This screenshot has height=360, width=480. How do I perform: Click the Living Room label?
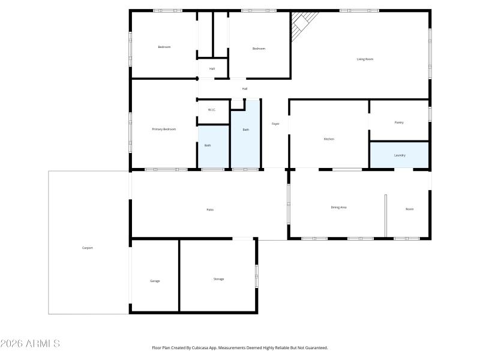(365, 59)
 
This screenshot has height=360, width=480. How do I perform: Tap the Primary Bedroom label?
(164, 129)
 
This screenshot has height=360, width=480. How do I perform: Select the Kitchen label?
(329, 139)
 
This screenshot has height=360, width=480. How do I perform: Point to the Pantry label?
(399, 122)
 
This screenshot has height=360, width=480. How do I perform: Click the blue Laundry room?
(399, 155)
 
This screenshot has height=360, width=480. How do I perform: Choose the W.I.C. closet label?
(211, 110)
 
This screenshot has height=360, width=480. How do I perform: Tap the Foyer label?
(275, 124)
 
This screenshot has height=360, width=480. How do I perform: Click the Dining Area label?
(338, 208)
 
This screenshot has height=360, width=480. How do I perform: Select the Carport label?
(88, 248)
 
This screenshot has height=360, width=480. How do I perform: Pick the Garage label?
(155, 281)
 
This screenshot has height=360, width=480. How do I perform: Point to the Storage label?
(218, 279)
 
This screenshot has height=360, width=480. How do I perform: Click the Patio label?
(210, 209)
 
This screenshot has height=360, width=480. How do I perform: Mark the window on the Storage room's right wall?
(256, 276)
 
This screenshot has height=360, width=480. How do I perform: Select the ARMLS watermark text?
(30, 344)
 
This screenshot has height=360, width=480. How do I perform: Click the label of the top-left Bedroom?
(164, 47)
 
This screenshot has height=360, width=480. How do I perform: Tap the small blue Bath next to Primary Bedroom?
(213, 146)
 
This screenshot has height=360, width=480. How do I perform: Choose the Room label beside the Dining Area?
(409, 209)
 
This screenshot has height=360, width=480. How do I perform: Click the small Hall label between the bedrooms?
(212, 69)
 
